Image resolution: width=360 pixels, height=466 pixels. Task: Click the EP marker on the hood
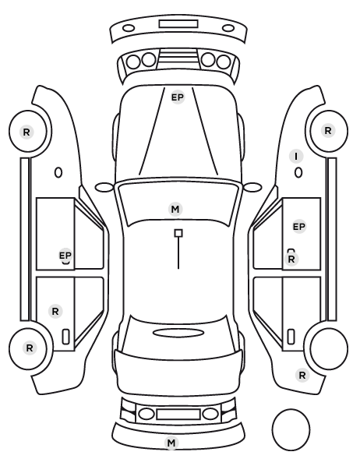click(x=178, y=97)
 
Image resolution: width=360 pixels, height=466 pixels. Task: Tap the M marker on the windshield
click(x=175, y=209)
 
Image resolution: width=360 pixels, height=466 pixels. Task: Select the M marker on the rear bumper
click(x=171, y=443)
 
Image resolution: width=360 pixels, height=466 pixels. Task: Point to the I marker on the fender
click(x=296, y=157)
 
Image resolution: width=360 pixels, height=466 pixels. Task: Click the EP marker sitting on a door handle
click(x=65, y=256)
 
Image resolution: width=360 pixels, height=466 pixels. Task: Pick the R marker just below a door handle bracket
click(x=291, y=259)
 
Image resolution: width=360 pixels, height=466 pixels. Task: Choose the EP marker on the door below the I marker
click(x=299, y=227)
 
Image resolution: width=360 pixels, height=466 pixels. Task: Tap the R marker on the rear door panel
click(x=55, y=312)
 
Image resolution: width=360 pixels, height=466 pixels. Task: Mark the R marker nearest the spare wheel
click(x=302, y=376)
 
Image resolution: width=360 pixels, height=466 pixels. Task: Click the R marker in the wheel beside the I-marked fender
click(x=328, y=131)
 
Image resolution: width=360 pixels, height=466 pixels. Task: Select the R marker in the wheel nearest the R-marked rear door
click(x=30, y=348)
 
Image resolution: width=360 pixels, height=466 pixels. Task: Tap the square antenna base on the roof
click(x=178, y=233)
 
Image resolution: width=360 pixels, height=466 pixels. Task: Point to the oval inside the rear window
click(x=178, y=333)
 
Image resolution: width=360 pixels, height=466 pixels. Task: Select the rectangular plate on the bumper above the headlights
click(x=178, y=24)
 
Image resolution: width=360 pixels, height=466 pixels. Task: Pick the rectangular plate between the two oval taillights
click(x=178, y=414)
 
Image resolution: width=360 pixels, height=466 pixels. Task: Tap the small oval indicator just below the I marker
click(x=298, y=173)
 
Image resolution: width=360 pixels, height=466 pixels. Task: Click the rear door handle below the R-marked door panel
click(x=65, y=337)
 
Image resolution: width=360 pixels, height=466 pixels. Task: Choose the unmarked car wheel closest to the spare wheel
click(x=329, y=348)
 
